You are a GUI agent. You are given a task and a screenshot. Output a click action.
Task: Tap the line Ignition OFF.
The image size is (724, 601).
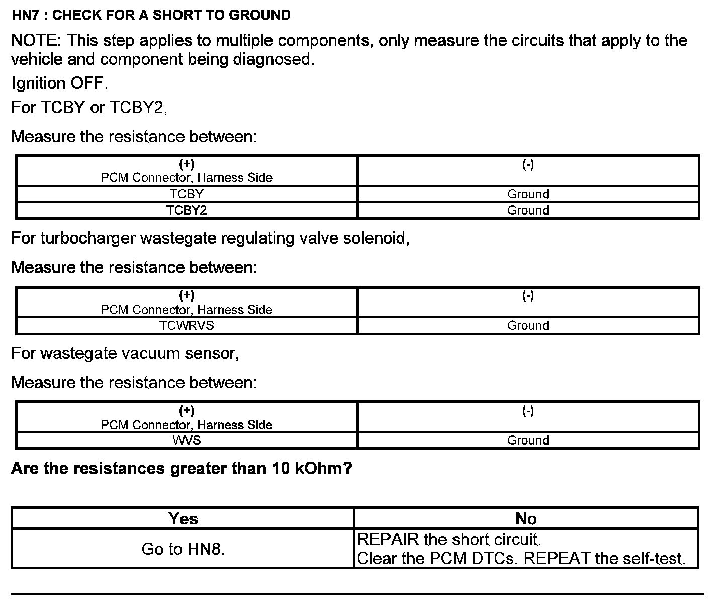[59, 83]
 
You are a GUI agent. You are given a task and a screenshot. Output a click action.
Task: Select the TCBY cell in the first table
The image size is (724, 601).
[187, 194]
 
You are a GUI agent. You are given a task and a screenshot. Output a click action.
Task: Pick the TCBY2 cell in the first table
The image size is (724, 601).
[187, 210]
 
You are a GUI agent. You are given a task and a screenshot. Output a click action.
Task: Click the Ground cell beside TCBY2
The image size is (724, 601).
[528, 210]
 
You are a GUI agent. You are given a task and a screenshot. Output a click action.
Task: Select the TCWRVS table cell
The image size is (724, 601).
[187, 325]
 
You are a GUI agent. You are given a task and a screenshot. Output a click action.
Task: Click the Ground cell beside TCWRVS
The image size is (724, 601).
[528, 325]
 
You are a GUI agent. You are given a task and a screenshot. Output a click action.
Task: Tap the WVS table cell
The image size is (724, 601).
[187, 440]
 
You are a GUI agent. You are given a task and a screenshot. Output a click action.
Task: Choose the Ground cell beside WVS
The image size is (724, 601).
[528, 440]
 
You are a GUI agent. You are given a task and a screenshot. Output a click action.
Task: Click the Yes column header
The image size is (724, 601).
[183, 519]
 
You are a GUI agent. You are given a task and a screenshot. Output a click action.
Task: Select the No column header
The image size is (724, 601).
[526, 519]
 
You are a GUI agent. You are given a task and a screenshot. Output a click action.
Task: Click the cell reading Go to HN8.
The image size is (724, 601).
[183, 549]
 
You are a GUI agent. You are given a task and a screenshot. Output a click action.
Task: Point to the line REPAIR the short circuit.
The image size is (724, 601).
[448, 540]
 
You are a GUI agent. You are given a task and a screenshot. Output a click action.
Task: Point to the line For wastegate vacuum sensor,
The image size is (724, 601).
[125, 354]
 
